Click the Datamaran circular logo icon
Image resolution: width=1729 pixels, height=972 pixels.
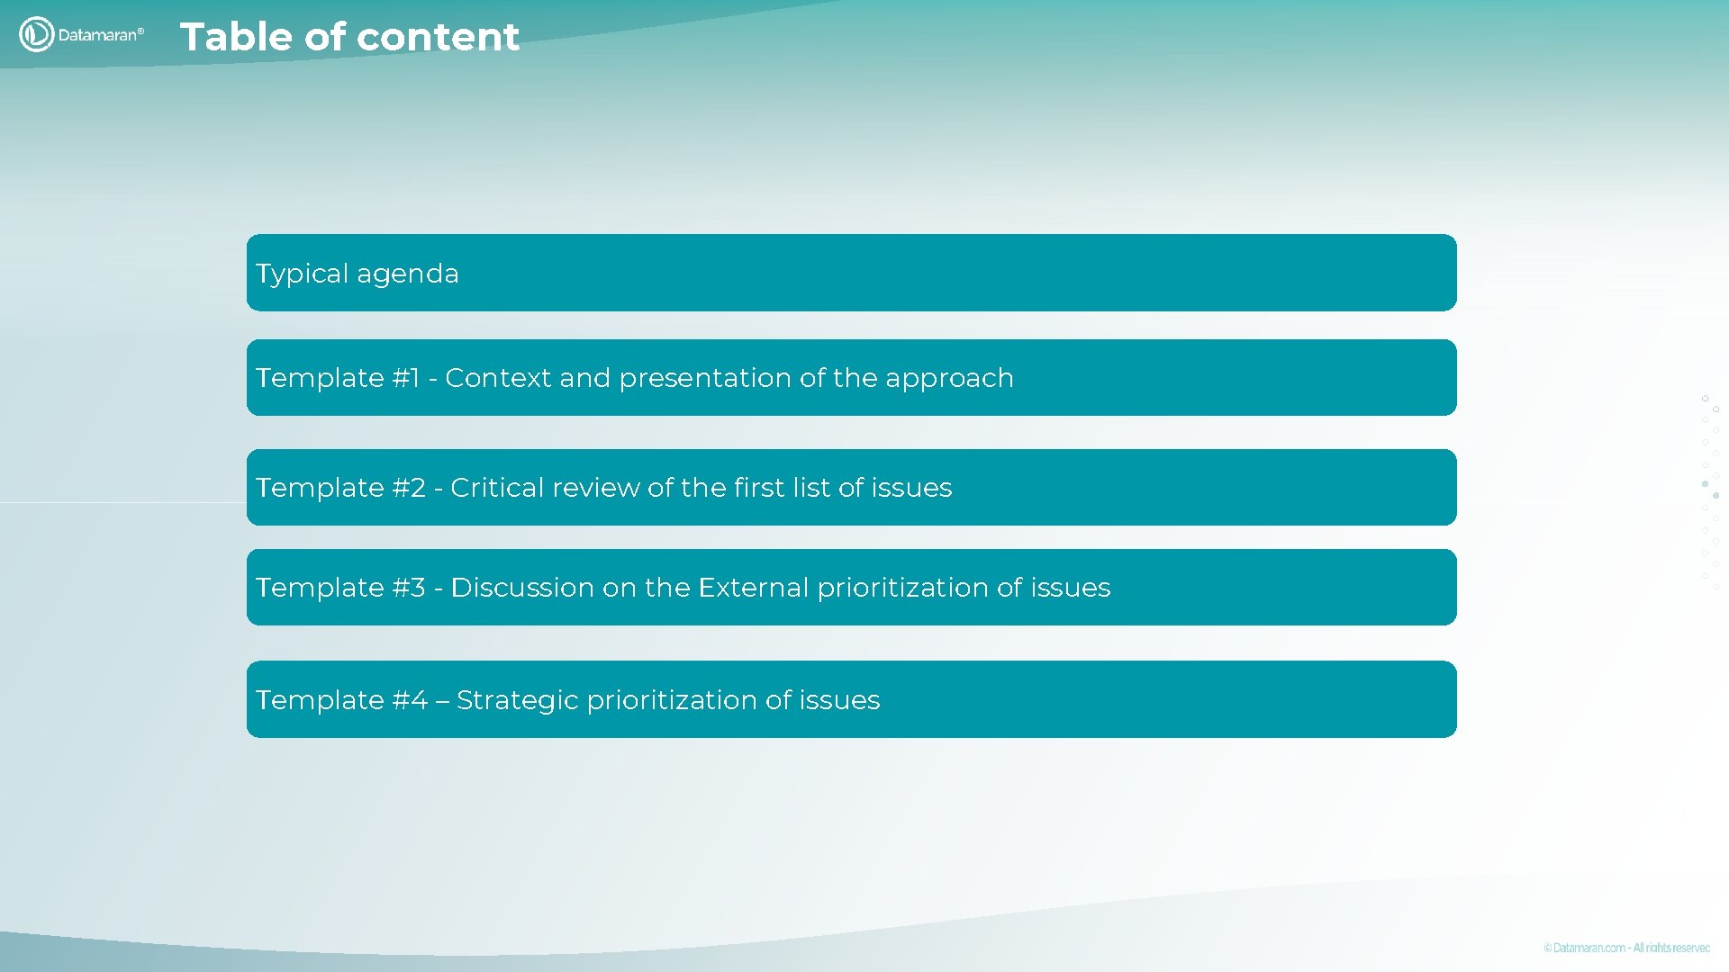tap(37, 35)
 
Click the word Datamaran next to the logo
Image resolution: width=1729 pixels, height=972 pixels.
tap(97, 35)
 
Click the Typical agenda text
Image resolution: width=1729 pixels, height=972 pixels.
tap(357, 274)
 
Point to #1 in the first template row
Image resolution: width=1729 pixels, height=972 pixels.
tap(406, 378)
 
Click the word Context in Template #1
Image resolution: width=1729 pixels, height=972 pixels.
tap(498, 378)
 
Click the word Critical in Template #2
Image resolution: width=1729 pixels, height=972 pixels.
tap(497, 488)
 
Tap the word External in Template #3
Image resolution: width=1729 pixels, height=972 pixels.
tap(753, 588)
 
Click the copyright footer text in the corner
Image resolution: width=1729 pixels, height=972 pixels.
tap(1625, 948)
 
